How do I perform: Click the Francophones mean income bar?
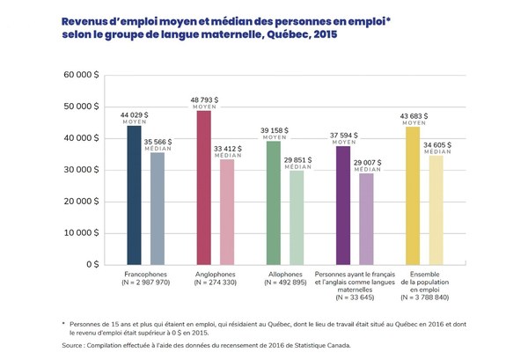[x=134, y=195]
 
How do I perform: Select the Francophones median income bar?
[x=157, y=208]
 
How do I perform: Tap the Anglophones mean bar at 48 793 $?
[x=203, y=187]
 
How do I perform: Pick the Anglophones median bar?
[x=226, y=211]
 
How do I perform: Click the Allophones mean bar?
[x=273, y=202]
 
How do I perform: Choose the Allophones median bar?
[x=297, y=217]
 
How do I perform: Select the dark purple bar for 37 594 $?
[x=343, y=205]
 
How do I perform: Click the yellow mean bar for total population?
[x=412, y=195]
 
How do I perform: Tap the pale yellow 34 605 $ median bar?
[x=436, y=209]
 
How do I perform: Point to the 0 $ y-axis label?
[x=92, y=264]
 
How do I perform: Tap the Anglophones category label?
[x=215, y=275]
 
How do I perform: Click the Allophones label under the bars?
[x=284, y=275]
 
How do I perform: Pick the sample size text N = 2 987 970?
[x=145, y=284]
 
